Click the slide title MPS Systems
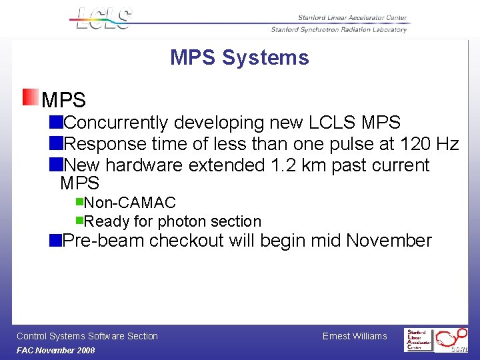[x=239, y=58]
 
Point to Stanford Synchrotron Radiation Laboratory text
[x=339, y=29]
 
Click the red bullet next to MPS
[x=30, y=98]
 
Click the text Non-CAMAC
[x=130, y=203]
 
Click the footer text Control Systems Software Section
[x=87, y=336]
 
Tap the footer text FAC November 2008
[x=56, y=351]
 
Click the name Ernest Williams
[x=355, y=336]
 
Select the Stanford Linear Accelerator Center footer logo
[x=418, y=339]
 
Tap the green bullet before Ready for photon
[x=79, y=219]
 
